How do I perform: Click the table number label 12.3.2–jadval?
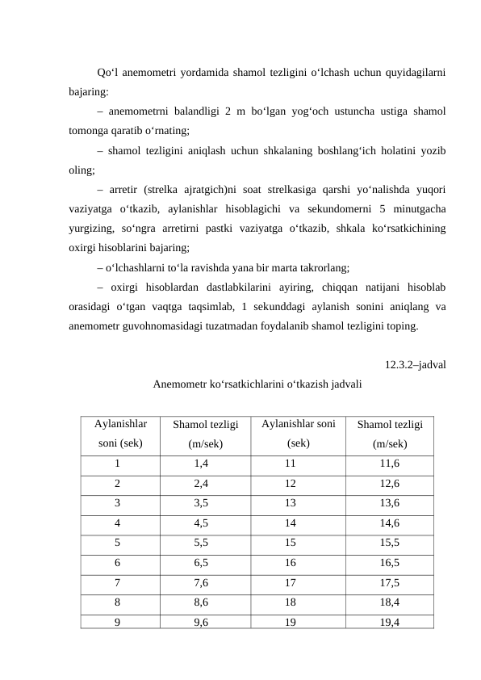(416, 363)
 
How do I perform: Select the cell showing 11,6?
(390, 464)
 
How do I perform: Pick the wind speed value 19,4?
(390, 622)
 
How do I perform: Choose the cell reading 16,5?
(390, 563)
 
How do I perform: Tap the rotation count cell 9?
(118, 622)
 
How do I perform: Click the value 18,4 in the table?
(390, 602)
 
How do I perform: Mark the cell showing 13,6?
(390, 504)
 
